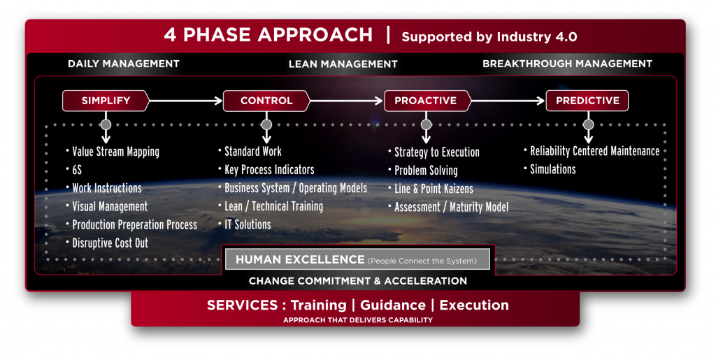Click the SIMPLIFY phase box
tap(106, 101)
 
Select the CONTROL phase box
tap(266, 101)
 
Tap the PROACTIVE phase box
tap(427, 101)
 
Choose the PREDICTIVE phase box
tap(587, 101)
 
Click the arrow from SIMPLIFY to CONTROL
tap(186, 101)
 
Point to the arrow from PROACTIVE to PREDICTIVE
tap(508, 101)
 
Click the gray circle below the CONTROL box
tap(266, 124)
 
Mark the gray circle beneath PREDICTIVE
tap(589, 124)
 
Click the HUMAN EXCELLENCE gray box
tap(357, 259)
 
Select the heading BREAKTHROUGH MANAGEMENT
tap(567, 64)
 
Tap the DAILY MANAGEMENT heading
tap(124, 64)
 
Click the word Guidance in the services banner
tap(393, 305)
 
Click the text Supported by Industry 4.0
tap(489, 37)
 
